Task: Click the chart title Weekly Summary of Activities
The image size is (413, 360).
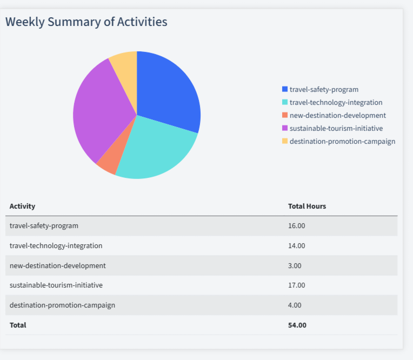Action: [x=86, y=22]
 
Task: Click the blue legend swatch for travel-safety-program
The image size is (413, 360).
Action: [x=285, y=89]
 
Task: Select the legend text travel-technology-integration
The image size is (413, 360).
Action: [x=336, y=102]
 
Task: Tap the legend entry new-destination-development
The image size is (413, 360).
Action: [x=337, y=115]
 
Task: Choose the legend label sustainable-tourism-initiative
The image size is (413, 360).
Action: [x=336, y=128]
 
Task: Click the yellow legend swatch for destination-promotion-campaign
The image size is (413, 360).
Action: [x=285, y=141]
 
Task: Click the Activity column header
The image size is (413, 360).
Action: [x=22, y=206]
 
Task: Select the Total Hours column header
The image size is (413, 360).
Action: [x=307, y=206]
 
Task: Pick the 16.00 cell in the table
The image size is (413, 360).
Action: [x=297, y=225]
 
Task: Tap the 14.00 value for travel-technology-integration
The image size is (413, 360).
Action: [x=297, y=245]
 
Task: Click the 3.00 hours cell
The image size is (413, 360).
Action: [x=295, y=265]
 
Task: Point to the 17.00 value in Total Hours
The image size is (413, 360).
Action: [x=297, y=285]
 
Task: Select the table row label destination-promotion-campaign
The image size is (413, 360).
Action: [x=62, y=305]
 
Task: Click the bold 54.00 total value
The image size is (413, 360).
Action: [x=297, y=325]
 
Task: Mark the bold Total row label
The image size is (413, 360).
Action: [x=18, y=325]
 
